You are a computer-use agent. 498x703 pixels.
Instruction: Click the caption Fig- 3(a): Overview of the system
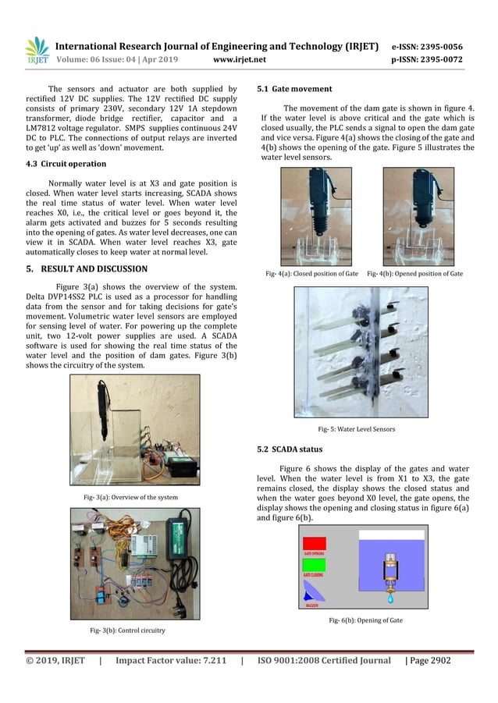coord(130,497)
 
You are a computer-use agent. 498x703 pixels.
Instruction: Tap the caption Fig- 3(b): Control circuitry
coord(130,629)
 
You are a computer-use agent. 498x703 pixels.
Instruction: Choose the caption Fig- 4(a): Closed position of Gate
coord(313,274)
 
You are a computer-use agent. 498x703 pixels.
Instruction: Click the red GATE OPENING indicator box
coord(315,543)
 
